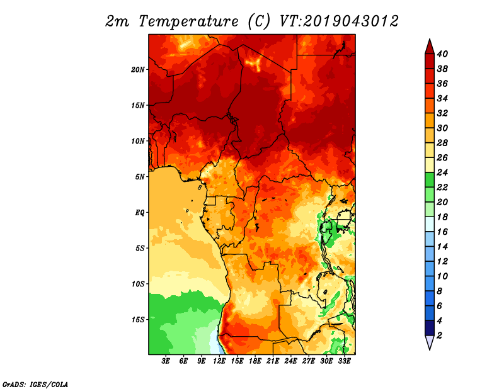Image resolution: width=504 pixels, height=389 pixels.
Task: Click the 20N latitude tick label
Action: click(138, 70)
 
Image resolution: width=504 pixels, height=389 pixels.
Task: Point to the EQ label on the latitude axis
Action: click(139, 213)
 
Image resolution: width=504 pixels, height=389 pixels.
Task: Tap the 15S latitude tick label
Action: click(138, 320)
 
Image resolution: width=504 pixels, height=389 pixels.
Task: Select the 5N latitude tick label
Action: click(140, 177)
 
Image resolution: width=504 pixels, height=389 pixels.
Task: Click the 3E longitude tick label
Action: click(166, 361)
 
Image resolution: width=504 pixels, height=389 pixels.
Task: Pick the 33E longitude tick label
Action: click(344, 361)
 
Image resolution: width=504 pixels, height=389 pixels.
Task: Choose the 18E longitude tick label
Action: click(255, 361)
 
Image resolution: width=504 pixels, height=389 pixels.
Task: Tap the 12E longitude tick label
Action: click(219, 361)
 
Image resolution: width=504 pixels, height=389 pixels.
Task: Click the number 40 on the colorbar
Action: click(442, 54)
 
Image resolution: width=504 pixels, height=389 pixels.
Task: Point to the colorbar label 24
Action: click(442, 172)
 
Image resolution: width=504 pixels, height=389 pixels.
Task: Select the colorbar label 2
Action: click(439, 335)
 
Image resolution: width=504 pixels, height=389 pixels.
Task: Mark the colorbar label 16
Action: click(442, 232)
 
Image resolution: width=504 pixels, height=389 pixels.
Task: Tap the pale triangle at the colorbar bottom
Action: click(430, 342)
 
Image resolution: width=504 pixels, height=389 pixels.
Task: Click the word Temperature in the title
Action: click(188, 21)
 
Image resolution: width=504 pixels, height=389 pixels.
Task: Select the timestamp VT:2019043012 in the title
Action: click(339, 21)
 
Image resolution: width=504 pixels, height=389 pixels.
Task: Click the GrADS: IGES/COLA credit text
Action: click(35, 385)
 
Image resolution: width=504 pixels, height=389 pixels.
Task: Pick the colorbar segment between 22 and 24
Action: click(430, 180)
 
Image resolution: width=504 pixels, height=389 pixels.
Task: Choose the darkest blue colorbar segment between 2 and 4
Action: click(430, 328)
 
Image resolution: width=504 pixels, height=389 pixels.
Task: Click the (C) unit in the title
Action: click(259, 21)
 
